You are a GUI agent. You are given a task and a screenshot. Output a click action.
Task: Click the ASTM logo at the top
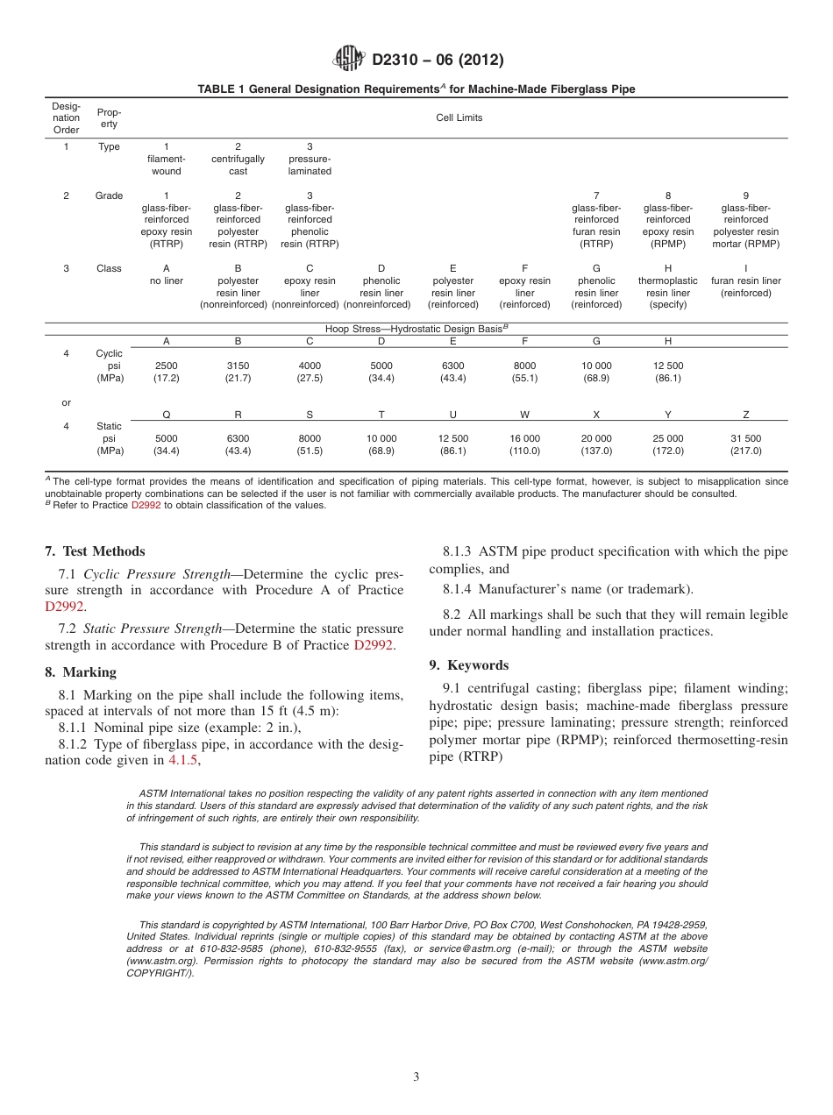click(349, 60)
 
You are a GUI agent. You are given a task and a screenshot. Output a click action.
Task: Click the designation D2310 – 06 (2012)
click(438, 60)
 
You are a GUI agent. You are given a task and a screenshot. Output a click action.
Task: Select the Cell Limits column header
click(459, 117)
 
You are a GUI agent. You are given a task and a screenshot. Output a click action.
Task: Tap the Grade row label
click(109, 195)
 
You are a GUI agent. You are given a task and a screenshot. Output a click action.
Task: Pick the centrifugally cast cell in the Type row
click(238, 159)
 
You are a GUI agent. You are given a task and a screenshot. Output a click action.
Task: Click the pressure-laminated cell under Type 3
click(310, 159)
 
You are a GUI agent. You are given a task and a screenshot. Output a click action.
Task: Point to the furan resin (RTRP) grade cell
click(596, 220)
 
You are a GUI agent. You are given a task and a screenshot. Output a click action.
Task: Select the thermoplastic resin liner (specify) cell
click(668, 287)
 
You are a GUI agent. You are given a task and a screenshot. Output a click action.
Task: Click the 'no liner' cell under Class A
click(167, 281)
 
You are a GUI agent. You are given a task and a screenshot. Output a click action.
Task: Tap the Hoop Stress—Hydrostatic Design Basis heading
click(404, 328)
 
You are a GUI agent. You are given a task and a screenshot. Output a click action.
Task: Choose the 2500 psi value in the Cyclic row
click(167, 366)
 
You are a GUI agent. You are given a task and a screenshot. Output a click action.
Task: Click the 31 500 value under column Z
click(745, 438)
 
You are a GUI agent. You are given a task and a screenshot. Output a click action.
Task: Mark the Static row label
click(109, 426)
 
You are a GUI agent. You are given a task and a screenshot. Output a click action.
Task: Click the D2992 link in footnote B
click(146, 505)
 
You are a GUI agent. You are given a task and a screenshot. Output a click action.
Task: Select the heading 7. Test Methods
click(95, 551)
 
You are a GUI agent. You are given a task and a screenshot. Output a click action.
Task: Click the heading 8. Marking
click(81, 672)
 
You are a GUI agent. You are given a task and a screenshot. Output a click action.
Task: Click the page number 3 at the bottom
click(416, 1077)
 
